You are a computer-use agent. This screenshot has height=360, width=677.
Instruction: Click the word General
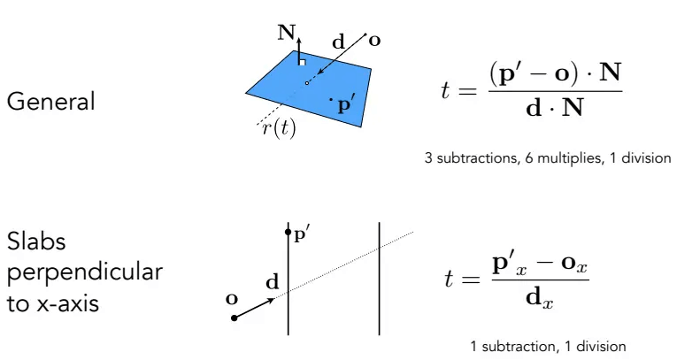(x=50, y=102)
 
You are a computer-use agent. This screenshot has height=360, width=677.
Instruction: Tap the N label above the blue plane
(x=286, y=33)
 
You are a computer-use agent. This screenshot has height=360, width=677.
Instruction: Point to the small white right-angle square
(x=303, y=63)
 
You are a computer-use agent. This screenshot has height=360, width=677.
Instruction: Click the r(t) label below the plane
(x=279, y=128)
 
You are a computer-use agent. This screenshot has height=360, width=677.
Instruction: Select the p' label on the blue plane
(x=345, y=104)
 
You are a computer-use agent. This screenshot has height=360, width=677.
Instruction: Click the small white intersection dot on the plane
(x=307, y=82)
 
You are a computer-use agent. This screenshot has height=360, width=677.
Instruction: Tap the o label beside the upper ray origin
(x=374, y=41)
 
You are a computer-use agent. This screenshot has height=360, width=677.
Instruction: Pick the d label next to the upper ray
(x=339, y=42)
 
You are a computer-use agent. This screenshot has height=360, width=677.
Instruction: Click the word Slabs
(x=36, y=241)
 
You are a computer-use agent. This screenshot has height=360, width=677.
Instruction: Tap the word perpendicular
(x=85, y=272)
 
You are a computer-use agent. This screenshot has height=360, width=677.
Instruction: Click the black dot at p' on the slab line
(x=288, y=233)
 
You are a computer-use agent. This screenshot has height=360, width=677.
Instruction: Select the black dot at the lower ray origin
(x=234, y=318)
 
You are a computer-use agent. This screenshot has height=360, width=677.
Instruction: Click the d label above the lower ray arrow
(x=273, y=282)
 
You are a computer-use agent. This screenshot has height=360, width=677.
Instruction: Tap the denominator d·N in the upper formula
(x=555, y=108)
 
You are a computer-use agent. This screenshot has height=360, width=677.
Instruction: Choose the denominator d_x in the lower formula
(x=539, y=299)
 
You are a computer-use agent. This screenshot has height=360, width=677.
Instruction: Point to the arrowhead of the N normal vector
(x=299, y=40)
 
